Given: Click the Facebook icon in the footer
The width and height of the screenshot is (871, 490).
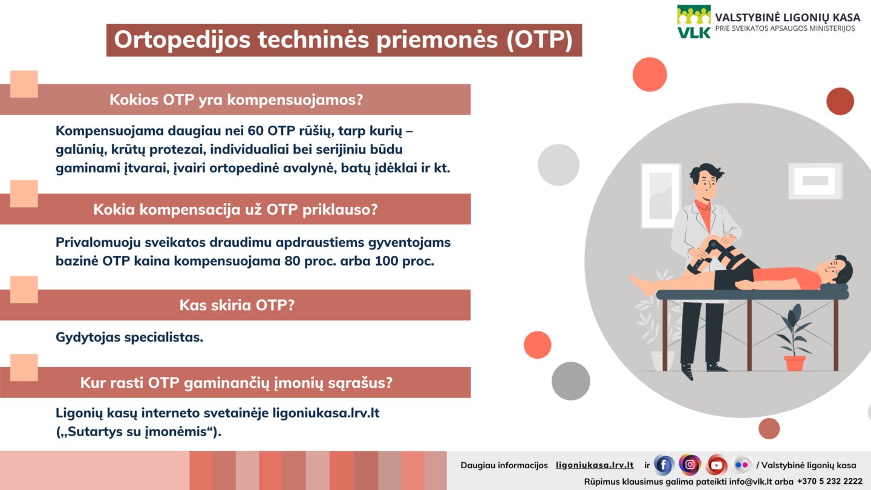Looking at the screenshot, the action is pos(664,465).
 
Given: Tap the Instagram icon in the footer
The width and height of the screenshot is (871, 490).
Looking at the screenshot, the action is pos(690,465).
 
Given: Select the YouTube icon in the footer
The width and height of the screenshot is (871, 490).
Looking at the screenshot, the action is pos(716,465).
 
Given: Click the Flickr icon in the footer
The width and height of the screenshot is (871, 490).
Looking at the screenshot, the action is pos(742,465).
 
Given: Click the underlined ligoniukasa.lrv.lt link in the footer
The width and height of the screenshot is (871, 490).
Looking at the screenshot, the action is pos(595,465).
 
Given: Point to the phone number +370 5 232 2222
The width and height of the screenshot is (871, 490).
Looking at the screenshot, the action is pos(830,482).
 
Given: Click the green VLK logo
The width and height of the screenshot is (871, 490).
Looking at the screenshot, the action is pos(694,22).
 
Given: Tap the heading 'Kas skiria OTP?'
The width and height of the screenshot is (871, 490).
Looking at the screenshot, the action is pos(237,305).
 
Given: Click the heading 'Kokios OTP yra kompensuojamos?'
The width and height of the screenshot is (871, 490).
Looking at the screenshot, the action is pos(236,100).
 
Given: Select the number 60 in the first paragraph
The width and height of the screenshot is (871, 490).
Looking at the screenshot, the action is pos(255,131).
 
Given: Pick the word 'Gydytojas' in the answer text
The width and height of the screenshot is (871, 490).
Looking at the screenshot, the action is pos(88,338).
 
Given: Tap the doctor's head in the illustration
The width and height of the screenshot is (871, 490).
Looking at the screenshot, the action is pos(705,181).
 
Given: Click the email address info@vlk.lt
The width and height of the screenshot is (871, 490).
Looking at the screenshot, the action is pos(750,482).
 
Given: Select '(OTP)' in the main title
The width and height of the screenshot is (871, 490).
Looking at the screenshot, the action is pos(540,40).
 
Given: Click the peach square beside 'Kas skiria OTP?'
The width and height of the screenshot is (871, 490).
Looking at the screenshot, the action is pos(24,290).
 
